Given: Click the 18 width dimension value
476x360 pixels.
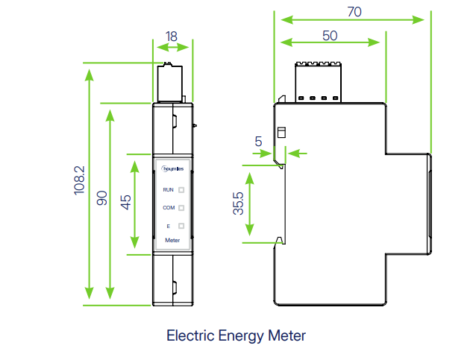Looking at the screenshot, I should (x=172, y=36).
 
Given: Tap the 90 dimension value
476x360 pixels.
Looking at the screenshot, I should (x=103, y=198).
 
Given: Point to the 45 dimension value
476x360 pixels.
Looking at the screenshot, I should (x=126, y=202).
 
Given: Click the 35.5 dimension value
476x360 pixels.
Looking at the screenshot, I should (x=237, y=204).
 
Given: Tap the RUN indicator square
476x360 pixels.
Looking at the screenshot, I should (x=181, y=190).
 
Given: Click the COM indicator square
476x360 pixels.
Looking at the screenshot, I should (x=181, y=208).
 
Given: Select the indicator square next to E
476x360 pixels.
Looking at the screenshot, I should (x=181, y=226).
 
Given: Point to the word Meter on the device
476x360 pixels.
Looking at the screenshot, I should (x=172, y=241).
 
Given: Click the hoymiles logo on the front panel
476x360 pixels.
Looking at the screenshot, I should (x=172, y=171).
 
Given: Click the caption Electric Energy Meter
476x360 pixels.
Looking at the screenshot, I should (x=236, y=335).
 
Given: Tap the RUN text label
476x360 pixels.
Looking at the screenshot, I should (x=168, y=190).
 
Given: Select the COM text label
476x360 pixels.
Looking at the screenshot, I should (x=168, y=208).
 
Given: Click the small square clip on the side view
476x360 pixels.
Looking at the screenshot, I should (x=281, y=133).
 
